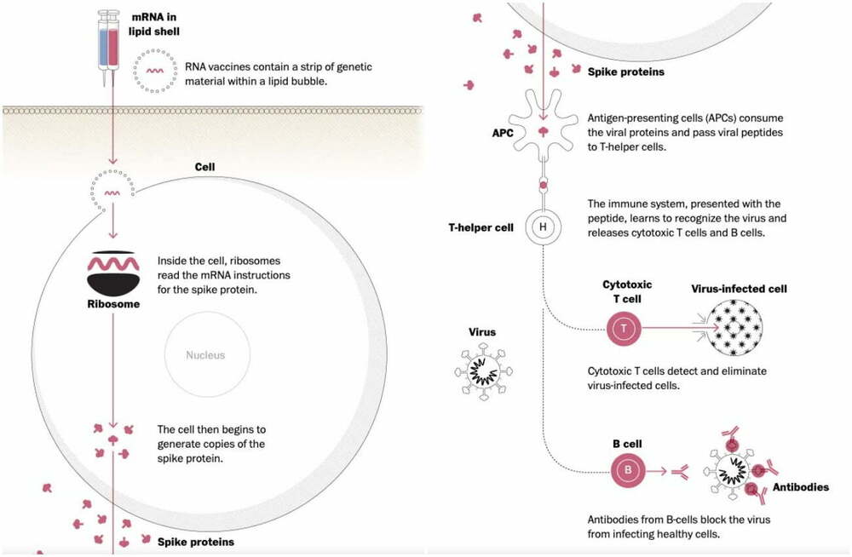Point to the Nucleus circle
click(205, 355)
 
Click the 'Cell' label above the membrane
click(204, 167)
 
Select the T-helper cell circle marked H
click(542, 227)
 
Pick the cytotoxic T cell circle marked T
click(625, 328)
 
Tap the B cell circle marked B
click(628, 468)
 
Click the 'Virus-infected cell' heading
click(739, 289)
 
